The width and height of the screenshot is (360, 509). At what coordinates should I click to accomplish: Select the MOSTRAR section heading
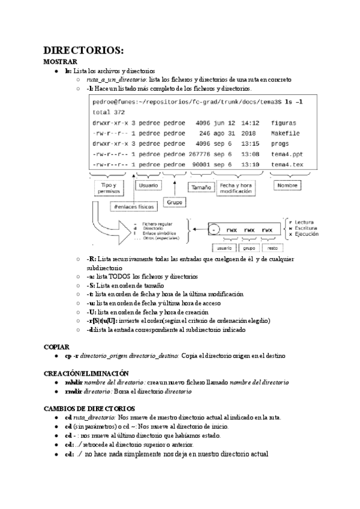pyautogui.click(x=61, y=62)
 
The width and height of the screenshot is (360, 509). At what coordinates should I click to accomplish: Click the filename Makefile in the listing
pyautogui.click(x=285, y=133)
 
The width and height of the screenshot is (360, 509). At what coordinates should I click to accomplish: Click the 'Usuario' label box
pyautogui.click(x=149, y=186)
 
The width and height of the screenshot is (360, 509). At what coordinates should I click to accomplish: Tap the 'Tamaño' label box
pyautogui.click(x=201, y=187)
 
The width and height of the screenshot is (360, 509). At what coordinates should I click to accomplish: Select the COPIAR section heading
pyautogui.click(x=58, y=347)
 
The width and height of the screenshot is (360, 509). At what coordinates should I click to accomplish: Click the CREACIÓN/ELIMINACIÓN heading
pyautogui.click(x=86, y=373)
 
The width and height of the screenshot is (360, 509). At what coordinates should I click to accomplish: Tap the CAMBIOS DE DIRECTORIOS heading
pyautogui.click(x=89, y=408)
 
